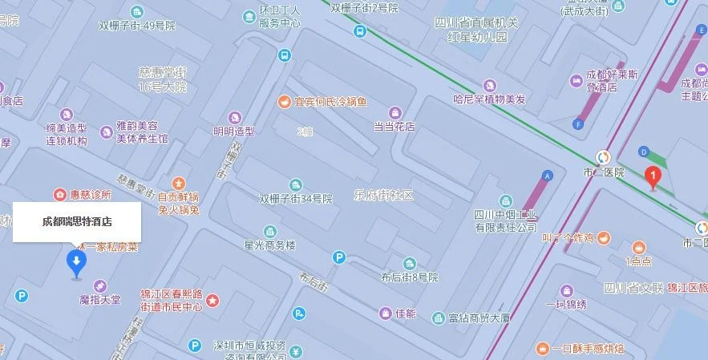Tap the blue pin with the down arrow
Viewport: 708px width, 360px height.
click(x=76, y=262)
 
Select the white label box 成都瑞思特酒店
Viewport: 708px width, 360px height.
click(x=77, y=222)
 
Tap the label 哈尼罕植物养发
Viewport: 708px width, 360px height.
click(x=489, y=99)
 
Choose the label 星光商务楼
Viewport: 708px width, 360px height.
click(x=270, y=245)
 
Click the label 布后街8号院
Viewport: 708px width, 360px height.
click(x=410, y=277)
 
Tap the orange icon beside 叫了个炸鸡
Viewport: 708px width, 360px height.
click(x=604, y=238)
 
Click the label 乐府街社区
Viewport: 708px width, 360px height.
click(x=383, y=195)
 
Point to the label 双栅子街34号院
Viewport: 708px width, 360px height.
click(x=295, y=198)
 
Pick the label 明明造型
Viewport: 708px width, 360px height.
click(x=233, y=131)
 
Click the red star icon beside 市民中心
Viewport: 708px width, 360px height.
click(x=212, y=300)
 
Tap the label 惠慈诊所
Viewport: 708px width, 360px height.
click(x=89, y=194)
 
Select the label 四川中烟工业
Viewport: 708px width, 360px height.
click(x=505, y=214)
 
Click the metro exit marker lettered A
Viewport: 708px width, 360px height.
click(x=548, y=175)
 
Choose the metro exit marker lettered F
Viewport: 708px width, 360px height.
click(x=578, y=123)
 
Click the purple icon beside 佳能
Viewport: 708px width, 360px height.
click(x=385, y=313)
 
